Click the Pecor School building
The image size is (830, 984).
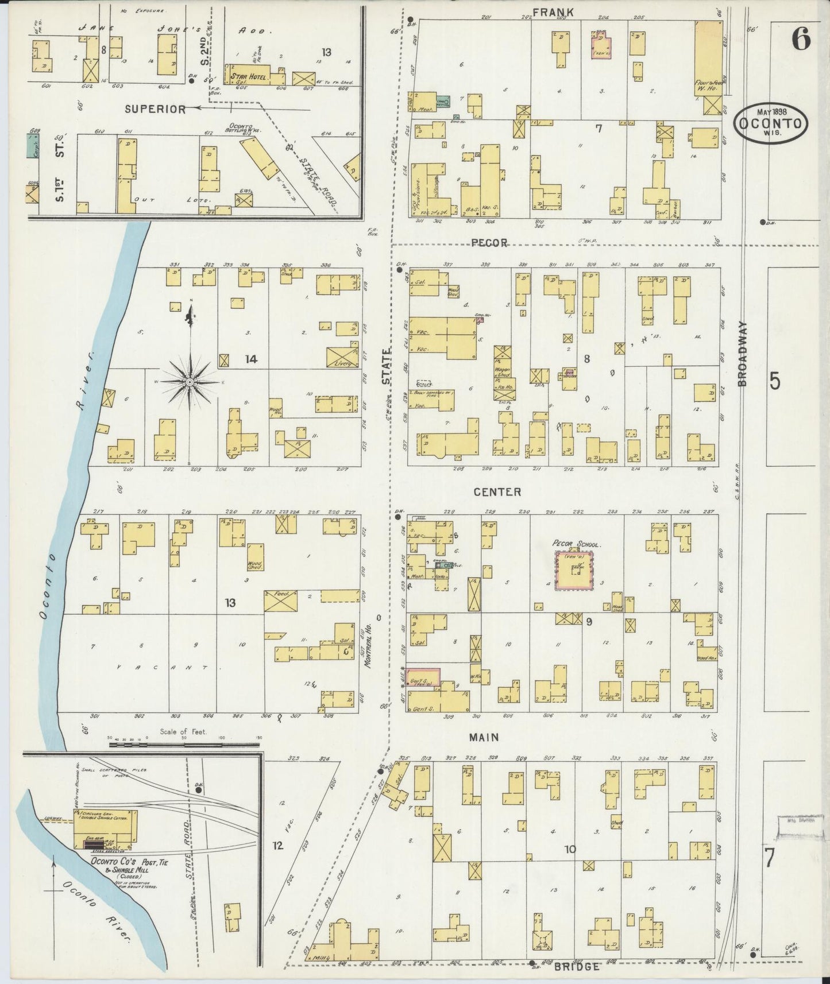tap(574, 571)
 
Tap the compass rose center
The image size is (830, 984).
tap(190, 382)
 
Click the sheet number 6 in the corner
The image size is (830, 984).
tap(801, 39)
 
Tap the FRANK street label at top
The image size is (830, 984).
tap(545, 12)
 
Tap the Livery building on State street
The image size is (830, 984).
tap(342, 357)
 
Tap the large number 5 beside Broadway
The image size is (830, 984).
tap(774, 381)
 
